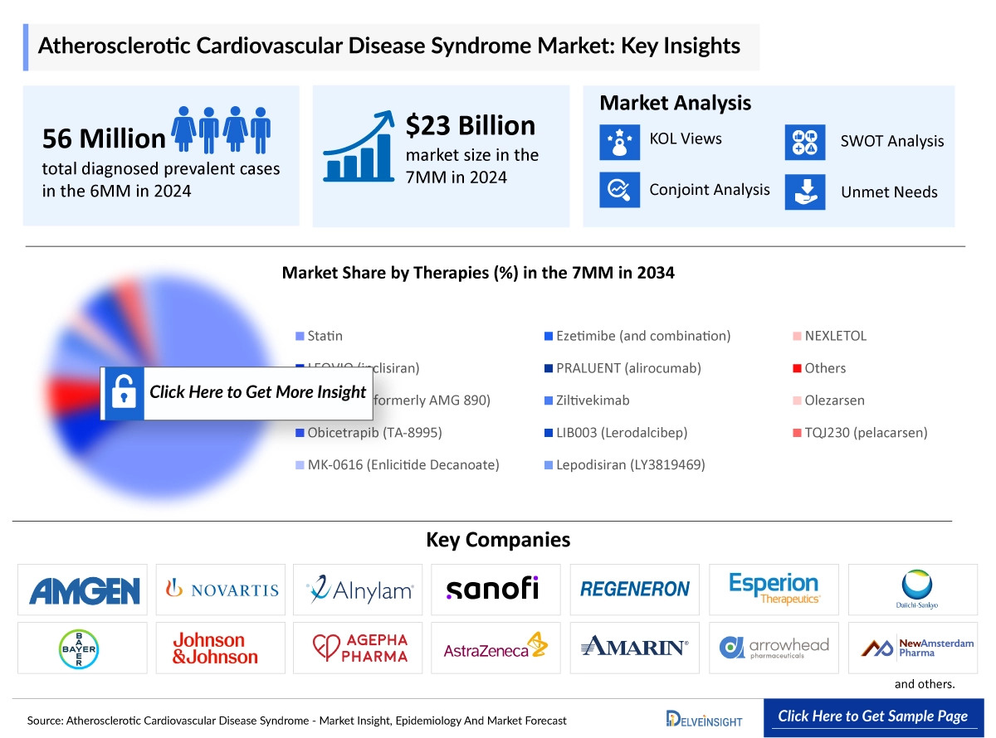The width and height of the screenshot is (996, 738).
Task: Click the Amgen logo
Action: point(83,590)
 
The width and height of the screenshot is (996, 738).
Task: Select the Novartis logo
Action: point(221,590)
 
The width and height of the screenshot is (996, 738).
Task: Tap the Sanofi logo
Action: point(492,589)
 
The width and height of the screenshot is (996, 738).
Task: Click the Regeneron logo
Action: point(635,590)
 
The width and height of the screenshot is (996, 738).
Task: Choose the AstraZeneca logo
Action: point(496,648)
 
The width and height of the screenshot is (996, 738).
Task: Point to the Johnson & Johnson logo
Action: point(215,648)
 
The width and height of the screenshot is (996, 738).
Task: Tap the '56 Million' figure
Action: point(104,138)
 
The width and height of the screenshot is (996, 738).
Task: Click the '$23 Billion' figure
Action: point(470,125)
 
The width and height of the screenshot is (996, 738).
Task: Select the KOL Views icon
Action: point(619,141)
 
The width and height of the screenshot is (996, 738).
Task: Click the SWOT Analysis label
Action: point(891,141)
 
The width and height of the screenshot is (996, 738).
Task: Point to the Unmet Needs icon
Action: point(804,192)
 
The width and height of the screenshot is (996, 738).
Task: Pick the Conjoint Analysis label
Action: point(709,190)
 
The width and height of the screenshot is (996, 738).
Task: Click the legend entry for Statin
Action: point(324,336)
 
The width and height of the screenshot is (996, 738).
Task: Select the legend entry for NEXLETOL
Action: point(835,336)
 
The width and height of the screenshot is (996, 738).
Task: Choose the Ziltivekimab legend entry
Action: point(592,400)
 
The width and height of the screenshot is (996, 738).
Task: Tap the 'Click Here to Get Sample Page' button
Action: point(872,716)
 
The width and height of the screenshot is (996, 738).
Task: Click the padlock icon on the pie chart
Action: point(123,392)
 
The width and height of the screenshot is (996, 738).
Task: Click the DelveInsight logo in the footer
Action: point(703,718)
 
